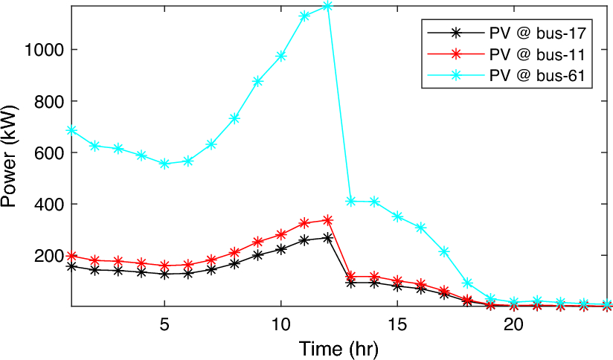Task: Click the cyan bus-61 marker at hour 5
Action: (x=164, y=164)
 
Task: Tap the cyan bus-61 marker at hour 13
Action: (x=351, y=201)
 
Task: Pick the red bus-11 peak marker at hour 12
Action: (x=328, y=220)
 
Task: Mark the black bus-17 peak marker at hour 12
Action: (x=328, y=238)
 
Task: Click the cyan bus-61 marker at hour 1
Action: (x=71, y=130)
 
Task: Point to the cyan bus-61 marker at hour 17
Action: (x=444, y=251)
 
